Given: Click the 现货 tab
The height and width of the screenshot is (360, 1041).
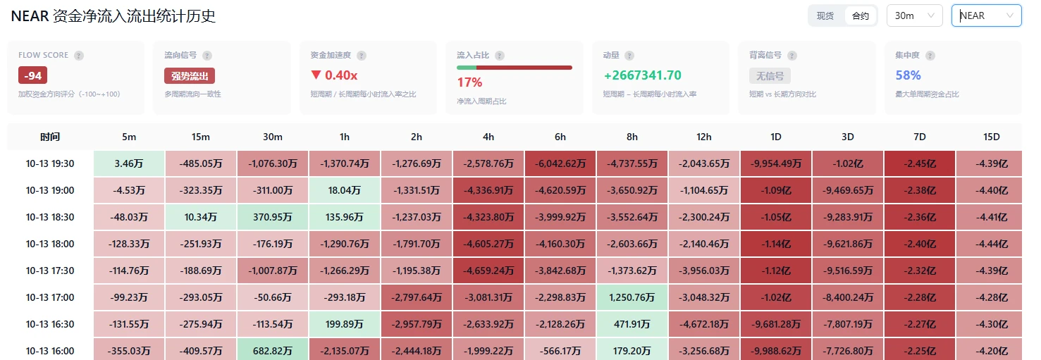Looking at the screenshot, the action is click(x=825, y=15).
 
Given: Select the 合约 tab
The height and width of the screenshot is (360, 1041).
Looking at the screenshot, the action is click(x=861, y=15).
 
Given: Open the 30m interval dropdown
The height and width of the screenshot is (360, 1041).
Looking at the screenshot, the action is click(x=914, y=15).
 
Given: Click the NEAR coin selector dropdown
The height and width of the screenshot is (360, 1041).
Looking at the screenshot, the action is click(x=986, y=15).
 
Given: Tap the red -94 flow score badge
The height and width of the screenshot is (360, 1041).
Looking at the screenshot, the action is click(x=32, y=75).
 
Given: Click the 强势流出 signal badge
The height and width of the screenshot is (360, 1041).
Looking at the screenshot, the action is click(x=189, y=75).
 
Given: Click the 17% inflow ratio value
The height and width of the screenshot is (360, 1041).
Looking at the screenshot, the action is click(x=469, y=82).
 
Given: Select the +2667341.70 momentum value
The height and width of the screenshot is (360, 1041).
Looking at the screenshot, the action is click(x=642, y=75).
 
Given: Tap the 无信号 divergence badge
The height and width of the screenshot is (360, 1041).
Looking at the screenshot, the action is click(x=770, y=75).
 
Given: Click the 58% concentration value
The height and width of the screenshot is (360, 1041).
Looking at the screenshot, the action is click(x=908, y=75).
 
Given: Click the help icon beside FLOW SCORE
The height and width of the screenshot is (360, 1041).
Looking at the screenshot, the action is click(x=79, y=56).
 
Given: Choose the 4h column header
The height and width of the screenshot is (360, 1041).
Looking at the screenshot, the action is click(x=488, y=137).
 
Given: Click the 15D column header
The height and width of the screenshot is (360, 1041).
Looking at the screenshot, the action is click(x=991, y=137).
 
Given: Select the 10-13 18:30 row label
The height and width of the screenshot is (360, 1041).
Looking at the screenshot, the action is click(x=50, y=217).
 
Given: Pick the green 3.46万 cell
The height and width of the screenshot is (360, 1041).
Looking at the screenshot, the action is click(x=129, y=163).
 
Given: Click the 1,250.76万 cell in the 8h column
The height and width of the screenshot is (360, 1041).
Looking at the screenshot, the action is click(x=632, y=297).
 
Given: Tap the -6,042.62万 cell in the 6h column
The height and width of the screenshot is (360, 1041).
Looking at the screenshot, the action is click(x=560, y=163).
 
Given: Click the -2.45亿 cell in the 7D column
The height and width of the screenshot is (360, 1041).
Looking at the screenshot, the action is click(x=920, y=163).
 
